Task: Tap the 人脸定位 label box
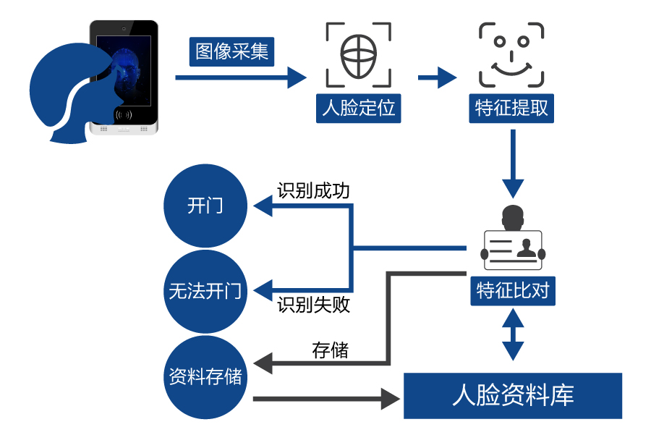359,109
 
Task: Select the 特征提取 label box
511,109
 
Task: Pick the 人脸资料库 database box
513,396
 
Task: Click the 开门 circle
205,206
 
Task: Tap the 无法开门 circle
205,292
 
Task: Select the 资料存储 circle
205,377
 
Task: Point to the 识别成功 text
313,191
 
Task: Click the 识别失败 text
313,305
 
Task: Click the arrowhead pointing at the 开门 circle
262,206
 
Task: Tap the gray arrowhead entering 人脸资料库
391,397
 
